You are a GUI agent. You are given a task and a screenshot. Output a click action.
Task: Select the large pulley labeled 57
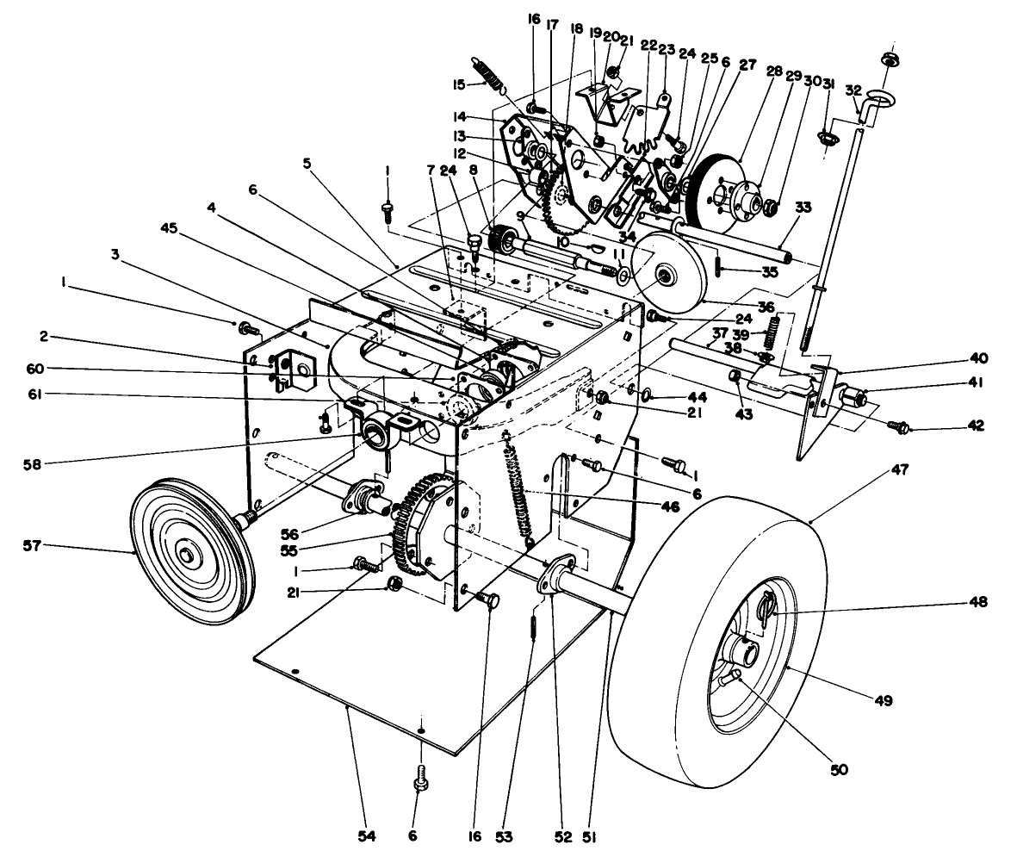click(187, 552)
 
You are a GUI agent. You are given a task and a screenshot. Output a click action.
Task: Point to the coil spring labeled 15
click(490, 72)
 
